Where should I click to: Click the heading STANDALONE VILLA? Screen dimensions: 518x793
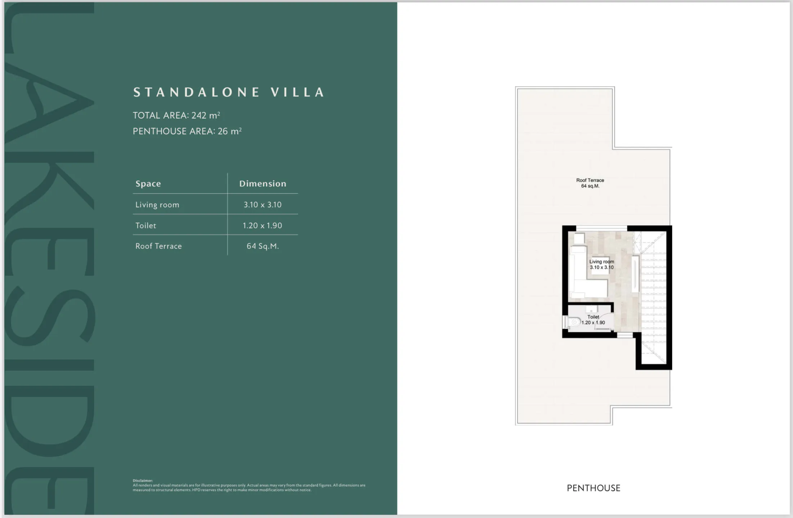(229, 92)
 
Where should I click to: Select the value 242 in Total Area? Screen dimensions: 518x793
(199, 115)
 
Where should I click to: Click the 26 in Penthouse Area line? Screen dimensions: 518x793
(222, 131)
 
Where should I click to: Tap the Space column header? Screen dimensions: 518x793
(148, 183)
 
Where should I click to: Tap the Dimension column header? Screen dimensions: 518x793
(262, 183)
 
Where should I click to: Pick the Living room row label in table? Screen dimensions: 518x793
(157, 205)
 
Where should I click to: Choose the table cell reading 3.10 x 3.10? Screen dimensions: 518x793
(262, 205)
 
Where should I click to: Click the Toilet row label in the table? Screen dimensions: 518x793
(145, 226)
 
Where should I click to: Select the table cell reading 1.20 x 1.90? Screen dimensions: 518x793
(262, 226)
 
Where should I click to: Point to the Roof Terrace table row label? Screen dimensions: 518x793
(158, 246)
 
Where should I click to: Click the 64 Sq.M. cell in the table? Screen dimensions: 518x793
(262, 246)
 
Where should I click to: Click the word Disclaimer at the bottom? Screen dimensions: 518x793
(143, 481)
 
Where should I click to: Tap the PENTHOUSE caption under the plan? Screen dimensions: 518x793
(593, 488)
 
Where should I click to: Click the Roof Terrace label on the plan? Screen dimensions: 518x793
(590, 183)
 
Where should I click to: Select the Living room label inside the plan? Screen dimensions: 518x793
(601, 264)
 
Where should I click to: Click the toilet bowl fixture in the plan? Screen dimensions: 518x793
(575, 322)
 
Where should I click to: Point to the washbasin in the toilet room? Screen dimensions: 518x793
(591, 309)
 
